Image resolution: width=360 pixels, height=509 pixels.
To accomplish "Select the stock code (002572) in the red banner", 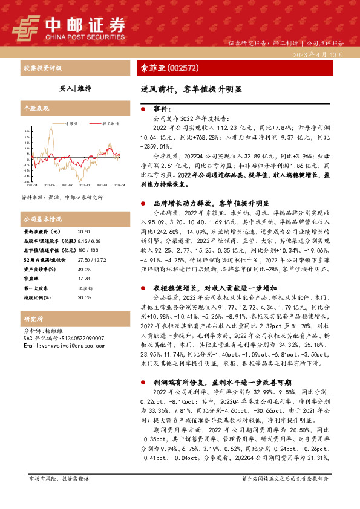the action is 182,68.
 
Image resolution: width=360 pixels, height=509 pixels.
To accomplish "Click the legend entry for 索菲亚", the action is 67,123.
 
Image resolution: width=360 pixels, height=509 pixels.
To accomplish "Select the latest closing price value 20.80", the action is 84,232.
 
